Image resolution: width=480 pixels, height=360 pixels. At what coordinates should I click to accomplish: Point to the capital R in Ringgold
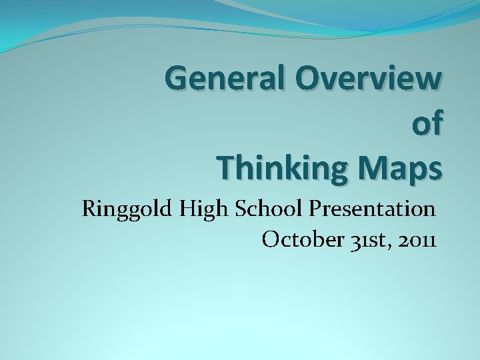(x=89, y=209)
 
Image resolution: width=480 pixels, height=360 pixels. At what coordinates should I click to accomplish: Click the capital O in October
(x=272, y=239)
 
